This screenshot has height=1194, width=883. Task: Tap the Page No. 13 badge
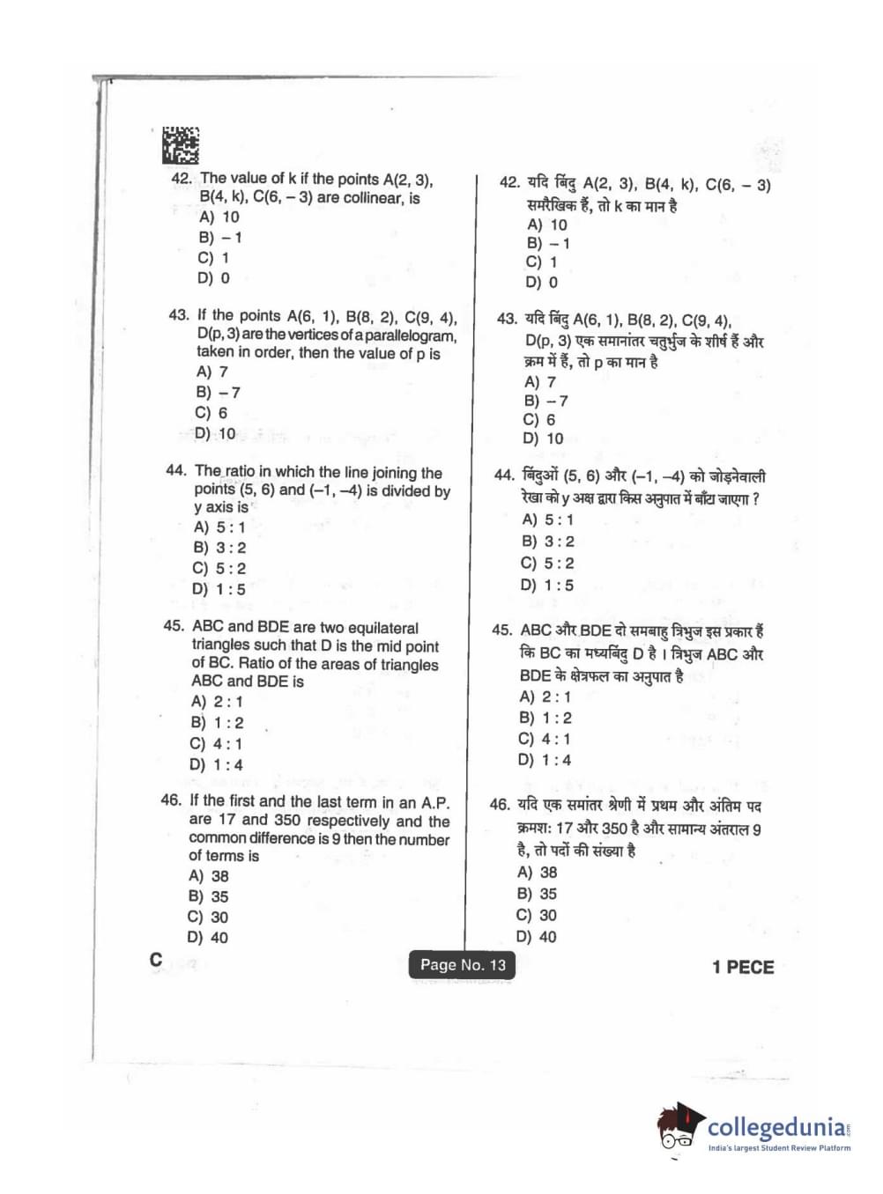tap(463, 965)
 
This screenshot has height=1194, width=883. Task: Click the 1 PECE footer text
tap(742, 967)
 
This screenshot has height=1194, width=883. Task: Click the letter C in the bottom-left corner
tap(156, 960)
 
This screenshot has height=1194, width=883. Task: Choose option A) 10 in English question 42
tap(219, 217)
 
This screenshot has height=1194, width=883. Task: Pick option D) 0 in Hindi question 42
tap(541, 283)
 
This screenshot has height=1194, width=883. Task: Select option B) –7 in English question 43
tap(218, 392)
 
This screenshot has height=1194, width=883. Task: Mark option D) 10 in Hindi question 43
tap(543, 439)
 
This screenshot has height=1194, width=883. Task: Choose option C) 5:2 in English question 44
tap(219, 569)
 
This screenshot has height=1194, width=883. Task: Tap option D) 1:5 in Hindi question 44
tap(546, 585)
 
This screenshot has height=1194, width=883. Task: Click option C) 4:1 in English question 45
tap(216, 744)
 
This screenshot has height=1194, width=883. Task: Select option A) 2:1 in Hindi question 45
tap(545, 696)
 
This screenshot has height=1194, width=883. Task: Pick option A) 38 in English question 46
tap(209, 876)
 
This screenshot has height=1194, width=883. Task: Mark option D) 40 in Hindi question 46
tap(536, 937)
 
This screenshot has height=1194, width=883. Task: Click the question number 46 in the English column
tap(171, 800)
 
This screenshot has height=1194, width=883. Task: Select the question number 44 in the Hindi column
tap(504, 475)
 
